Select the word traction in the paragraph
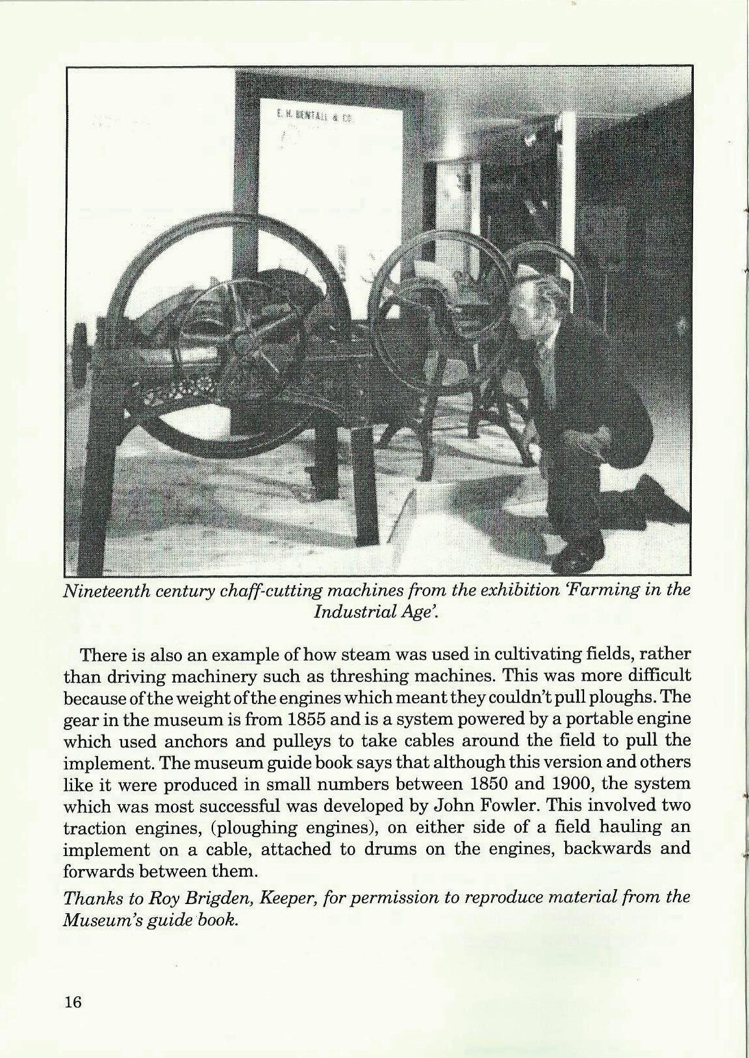click(92, 828)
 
